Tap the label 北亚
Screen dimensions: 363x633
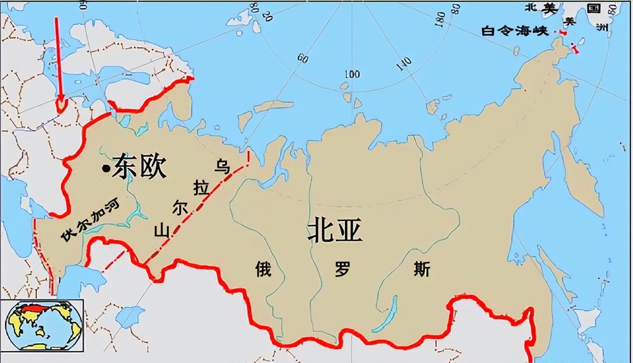click(x=335, y=231)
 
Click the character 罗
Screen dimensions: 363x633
click(x=343, y=270)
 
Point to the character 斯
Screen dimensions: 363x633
click(x=421, y=270)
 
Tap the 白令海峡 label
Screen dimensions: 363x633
click(x=515, y=31)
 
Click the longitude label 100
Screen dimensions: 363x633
click(x=352, y=75)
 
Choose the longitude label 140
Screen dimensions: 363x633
click(x=404, y=63)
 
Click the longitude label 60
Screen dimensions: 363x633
click(x=302, y=59)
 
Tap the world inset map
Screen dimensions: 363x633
click(x=42, y=325)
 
